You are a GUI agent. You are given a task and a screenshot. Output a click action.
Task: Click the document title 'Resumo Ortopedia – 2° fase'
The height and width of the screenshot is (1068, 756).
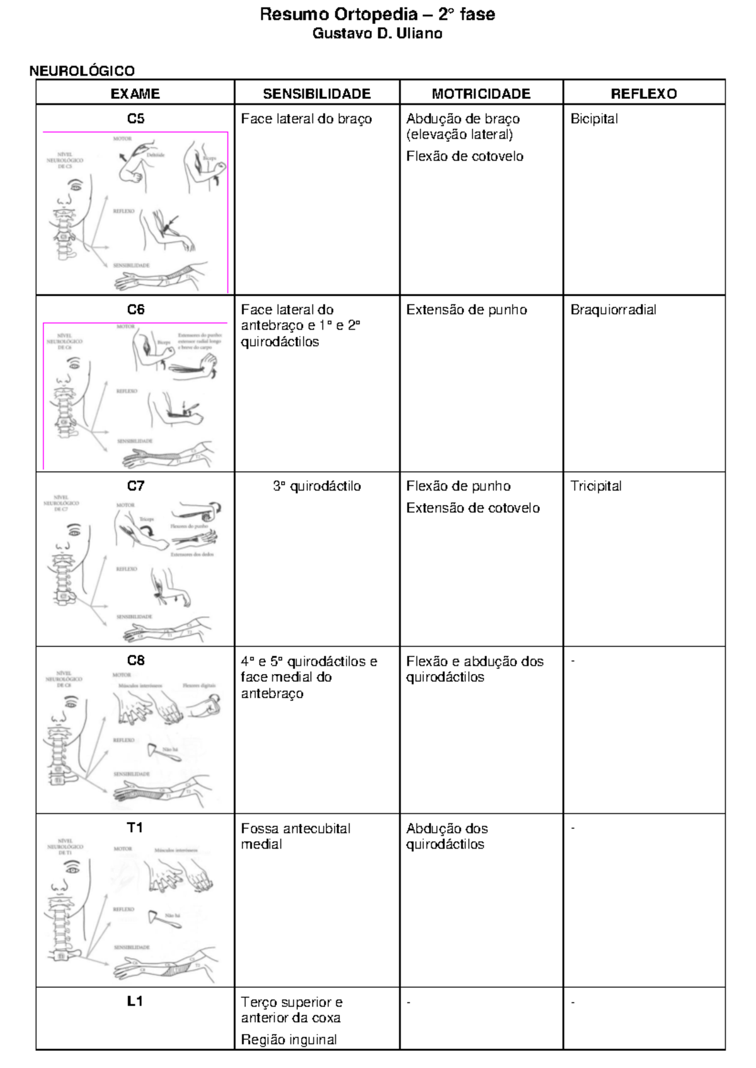pos(377,15)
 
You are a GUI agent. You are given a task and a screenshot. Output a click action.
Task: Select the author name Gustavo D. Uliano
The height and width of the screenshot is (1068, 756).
pos(377,34)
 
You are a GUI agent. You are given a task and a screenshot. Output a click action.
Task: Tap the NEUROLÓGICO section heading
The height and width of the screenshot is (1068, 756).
pos(82,71)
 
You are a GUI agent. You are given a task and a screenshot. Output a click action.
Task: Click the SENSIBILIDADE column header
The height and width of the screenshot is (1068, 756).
pos(317,94)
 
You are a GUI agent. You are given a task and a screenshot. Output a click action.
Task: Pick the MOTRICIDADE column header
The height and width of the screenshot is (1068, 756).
pos(481,94)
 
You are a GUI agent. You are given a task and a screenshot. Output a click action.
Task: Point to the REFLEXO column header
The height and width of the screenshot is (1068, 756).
pos(643,94)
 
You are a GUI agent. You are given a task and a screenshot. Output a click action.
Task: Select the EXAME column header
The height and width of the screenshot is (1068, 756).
pos(135,94)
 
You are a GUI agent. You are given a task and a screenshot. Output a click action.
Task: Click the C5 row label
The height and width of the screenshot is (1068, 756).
pos(135,119)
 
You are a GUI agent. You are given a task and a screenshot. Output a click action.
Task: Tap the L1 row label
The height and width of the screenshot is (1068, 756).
pos(135,1001)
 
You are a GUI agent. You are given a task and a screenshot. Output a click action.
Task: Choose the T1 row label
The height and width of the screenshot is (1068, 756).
pos(135,828)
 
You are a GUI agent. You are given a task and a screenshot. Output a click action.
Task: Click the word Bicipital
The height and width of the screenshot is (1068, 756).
pos(594,119)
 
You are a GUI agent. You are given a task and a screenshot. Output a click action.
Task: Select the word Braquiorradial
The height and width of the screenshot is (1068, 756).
pos(613,310)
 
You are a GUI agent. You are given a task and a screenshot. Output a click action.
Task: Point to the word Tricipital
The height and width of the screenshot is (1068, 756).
pos(595,486)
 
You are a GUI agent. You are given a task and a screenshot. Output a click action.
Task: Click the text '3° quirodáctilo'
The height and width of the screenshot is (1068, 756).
pos(317,486)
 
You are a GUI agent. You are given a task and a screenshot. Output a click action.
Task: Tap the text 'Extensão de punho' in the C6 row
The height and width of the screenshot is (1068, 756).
pos(466,310)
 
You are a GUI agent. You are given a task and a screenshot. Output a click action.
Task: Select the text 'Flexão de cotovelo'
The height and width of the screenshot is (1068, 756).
pos(464,156)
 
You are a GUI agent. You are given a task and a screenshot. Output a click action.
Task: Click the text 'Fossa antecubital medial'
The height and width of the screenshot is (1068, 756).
pos(295,836)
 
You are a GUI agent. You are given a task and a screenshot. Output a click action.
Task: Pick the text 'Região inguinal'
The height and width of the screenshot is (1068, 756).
pos(289,1040)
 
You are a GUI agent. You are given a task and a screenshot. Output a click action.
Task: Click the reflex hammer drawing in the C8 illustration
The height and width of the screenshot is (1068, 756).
pos(155,751)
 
